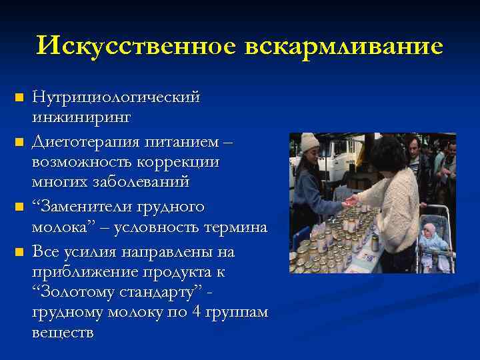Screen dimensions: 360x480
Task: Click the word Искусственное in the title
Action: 137,46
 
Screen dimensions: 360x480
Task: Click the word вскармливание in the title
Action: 343,46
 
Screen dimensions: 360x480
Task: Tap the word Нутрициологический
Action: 116,97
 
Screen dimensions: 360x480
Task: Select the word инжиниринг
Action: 81,117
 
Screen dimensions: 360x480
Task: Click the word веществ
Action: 63,331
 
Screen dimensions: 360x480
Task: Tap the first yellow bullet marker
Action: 19,99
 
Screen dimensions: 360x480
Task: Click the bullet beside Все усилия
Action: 19,253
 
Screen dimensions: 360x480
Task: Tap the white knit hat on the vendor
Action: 311,142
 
